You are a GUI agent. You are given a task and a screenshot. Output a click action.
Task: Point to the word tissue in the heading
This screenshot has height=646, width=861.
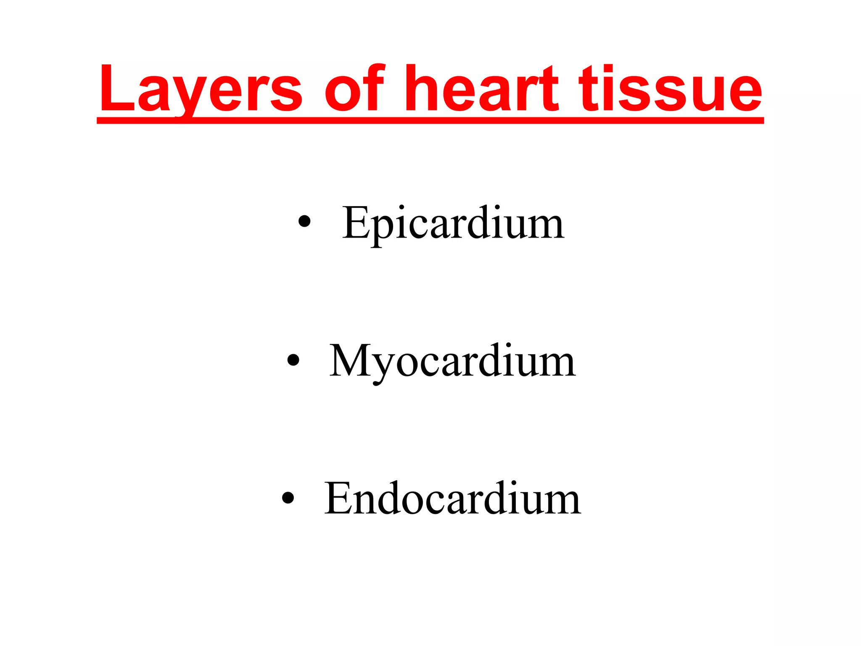coord(670,89)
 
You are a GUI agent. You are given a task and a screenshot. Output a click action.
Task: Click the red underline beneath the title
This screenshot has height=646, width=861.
coord(430,121)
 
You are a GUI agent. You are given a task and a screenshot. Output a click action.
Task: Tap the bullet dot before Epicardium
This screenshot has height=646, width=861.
coord(304,222)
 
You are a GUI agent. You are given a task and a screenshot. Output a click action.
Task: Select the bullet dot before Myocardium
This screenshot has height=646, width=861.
coord(293,360)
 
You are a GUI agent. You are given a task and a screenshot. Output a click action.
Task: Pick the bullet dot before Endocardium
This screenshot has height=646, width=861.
coord(288,498)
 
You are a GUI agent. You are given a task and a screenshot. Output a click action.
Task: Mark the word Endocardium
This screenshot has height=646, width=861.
coord(452,498)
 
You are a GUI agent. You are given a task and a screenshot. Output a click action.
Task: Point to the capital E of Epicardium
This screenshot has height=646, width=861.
coord(356,223)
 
